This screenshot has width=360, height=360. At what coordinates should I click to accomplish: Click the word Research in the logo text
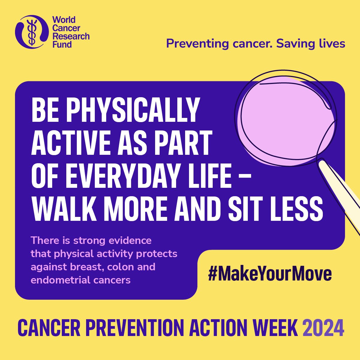point(71,36)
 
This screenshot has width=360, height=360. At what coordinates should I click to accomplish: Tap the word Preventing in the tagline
point(197,44)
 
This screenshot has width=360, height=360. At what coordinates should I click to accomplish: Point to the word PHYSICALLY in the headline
point(133,110)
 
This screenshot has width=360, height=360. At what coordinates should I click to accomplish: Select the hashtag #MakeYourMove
point(270,274)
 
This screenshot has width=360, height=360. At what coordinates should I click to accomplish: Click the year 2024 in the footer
point(323,328)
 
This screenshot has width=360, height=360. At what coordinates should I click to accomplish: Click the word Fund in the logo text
point(62,44)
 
